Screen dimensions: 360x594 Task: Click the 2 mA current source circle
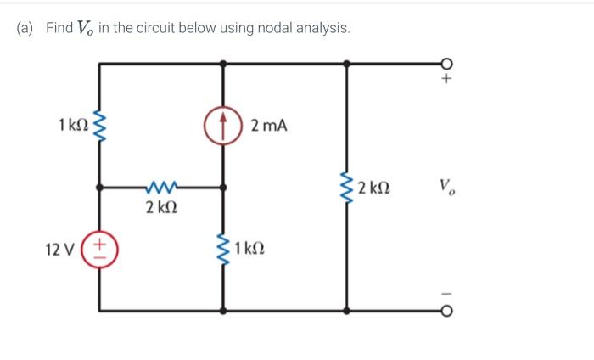[224, 126]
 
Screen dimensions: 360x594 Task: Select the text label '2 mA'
[270, 126]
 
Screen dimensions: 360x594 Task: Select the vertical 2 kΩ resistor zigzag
[346, 188]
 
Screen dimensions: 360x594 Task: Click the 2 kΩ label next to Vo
[374, 188]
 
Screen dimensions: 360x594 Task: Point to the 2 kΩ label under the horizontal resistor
[162, 207]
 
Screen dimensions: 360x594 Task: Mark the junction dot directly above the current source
[224, 63]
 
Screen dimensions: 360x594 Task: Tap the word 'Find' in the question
[59, 28]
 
